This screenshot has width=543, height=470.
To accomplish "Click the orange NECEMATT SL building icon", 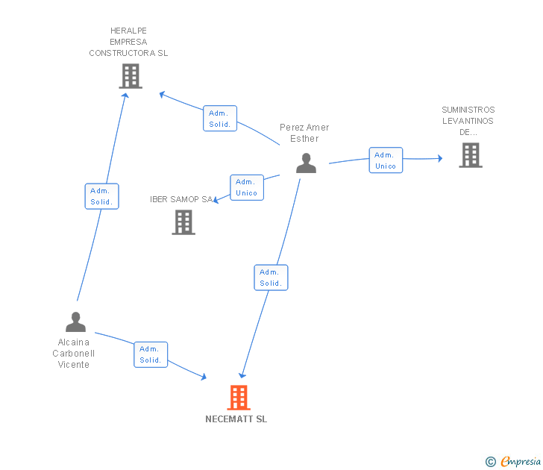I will (x=238, y=398).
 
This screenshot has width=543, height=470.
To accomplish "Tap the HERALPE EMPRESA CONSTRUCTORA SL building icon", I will (x=131, y=76).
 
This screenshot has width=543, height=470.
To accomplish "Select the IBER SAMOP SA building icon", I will (x=183, y=222).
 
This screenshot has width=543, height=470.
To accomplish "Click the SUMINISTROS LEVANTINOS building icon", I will (x=470, y=155).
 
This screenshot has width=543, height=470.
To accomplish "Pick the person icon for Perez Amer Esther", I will (x=306, y=163).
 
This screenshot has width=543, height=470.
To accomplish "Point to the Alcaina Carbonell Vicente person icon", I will (x=75, y=322).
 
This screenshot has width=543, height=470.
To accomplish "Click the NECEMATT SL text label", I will (x=236, y=419).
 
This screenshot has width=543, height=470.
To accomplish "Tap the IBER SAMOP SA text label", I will (x=181, y=199).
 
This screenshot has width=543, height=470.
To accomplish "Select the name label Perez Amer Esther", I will (x=304, y=133).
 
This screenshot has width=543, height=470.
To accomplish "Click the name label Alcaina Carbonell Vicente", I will (x=74, y=354).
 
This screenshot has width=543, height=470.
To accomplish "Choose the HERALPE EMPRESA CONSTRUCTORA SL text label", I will (x=128, y=42).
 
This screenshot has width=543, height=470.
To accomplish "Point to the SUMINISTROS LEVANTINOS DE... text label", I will (x=468, y=121).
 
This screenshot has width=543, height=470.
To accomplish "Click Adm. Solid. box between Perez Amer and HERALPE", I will (x=220, y=119).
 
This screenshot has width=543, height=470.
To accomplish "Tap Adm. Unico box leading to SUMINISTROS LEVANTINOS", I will (x=386, y=160).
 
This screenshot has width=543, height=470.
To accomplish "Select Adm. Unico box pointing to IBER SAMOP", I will (x=246, y=187).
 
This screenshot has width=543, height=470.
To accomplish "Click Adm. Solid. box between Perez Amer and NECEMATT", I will (x=271, y=278).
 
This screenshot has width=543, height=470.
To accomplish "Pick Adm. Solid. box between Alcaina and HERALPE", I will (x=101, y=196).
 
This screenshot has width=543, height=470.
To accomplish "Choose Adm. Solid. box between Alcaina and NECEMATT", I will (x=151, y=354).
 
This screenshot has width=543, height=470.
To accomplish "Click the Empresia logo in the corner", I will (x=520, y=462).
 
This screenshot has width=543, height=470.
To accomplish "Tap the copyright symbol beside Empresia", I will (x=490, y=462).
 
